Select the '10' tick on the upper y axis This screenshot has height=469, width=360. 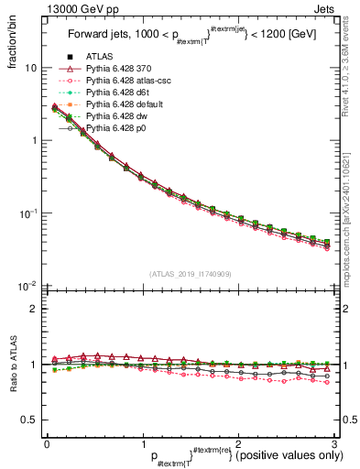(x=30, y=68)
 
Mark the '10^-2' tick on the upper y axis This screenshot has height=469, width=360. (x=27, y=286)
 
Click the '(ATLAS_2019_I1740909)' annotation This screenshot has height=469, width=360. (x=190, y=273)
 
